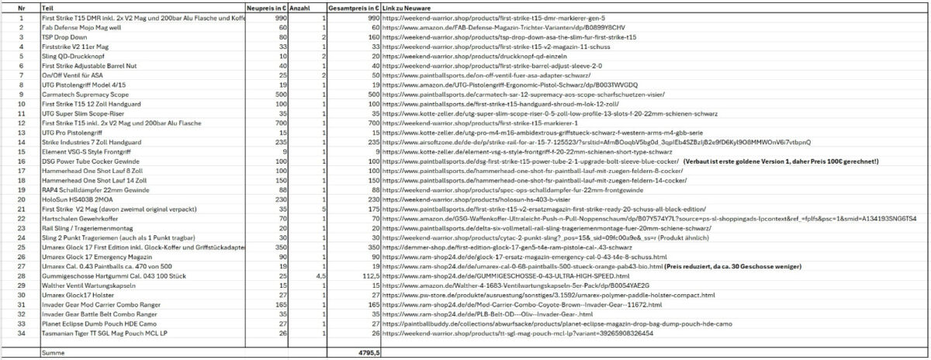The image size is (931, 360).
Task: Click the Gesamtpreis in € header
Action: (x=353, y=7)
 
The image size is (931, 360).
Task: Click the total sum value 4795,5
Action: (x=367, y=353)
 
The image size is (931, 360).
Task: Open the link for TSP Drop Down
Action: (x=509, y=36)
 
